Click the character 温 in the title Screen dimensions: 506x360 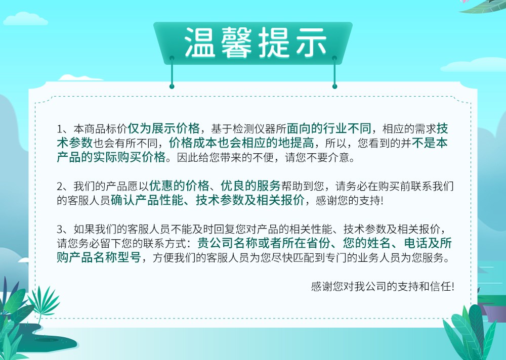[199, 42]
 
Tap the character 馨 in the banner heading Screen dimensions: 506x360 [236, 42]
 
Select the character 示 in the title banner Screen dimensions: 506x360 [311, 42]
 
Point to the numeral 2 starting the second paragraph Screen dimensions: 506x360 [60, 187]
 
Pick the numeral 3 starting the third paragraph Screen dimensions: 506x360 [60, 230]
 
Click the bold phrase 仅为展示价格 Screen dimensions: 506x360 [163, 128]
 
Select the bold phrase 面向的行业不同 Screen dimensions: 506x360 [329, 128]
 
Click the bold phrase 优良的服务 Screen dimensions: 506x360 [251, 186]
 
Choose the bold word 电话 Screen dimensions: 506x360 [416, 243]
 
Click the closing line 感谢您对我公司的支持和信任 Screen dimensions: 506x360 [383, 287]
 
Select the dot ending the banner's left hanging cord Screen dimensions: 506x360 [172, 86]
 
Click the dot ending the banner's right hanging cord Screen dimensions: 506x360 [334, 86]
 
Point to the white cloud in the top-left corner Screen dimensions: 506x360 [25, 19]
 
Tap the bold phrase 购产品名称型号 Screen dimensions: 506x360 [99, 257]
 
